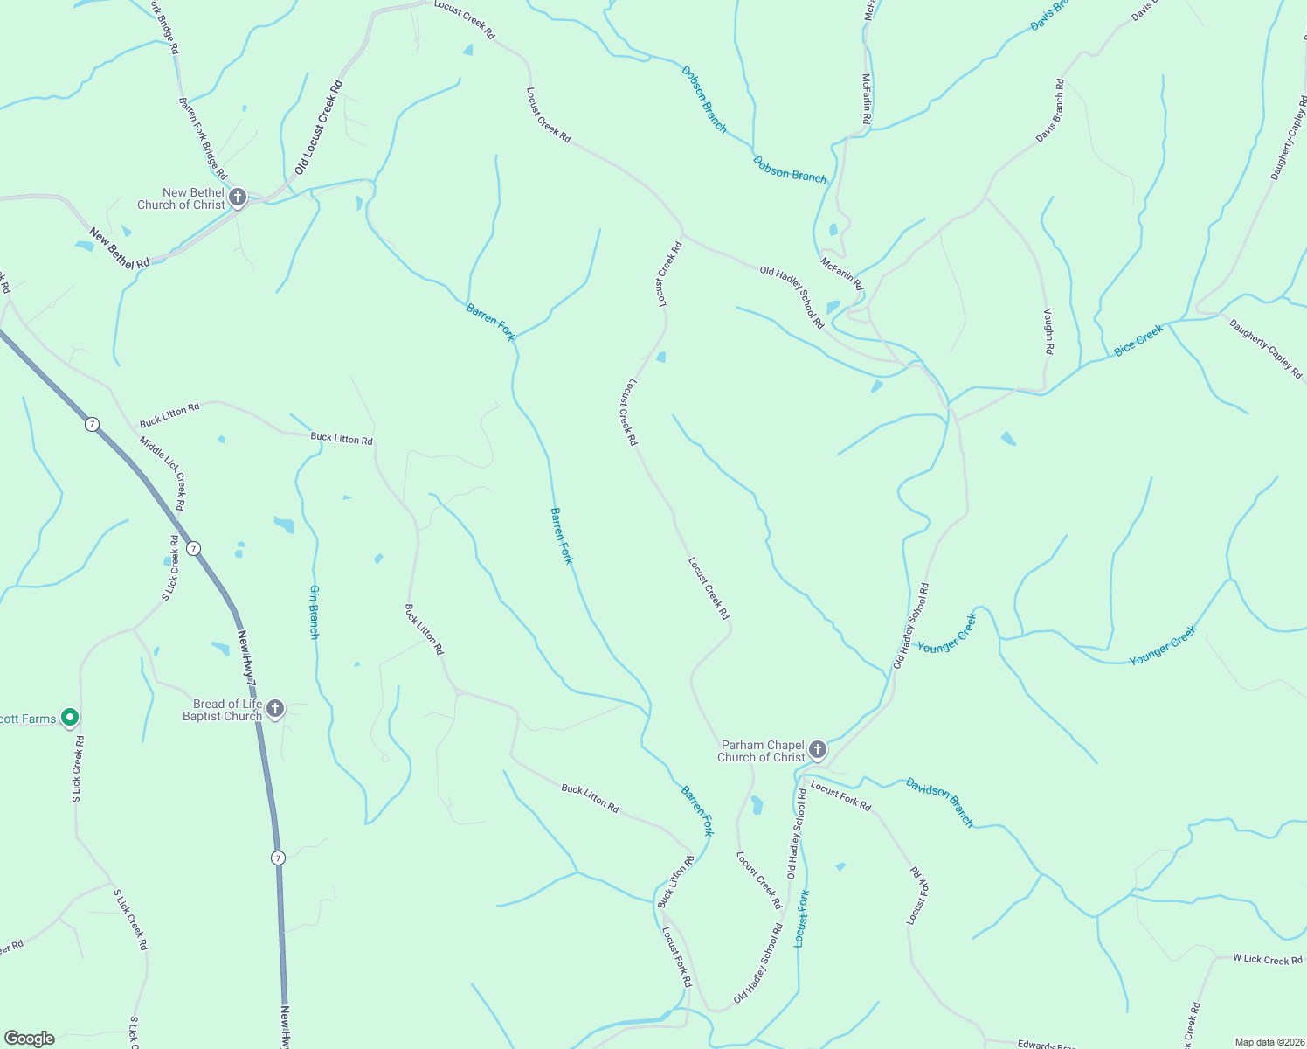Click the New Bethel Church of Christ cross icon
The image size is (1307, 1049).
click(238, 198)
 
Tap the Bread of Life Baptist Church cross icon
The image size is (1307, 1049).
click(275, 709)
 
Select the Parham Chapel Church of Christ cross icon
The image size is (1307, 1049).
click(818, 750)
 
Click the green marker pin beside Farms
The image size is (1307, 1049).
click(71, 718)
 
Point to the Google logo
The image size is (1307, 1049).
click(29, 1039)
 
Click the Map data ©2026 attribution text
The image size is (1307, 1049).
click(1269, 1042)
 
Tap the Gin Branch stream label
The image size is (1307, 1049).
click(314, 611)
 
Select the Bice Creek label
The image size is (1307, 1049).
click(1138, 340)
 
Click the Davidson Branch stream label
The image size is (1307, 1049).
click(939, 801)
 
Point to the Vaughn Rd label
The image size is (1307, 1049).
click(1048, 331)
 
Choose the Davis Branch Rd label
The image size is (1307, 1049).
click(1050, 111)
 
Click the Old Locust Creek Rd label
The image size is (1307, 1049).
click(319, 127)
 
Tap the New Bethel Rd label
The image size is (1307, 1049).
click(119, 247)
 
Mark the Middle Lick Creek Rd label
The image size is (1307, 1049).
click(163, 473)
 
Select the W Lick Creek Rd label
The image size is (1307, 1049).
click(1267, 959)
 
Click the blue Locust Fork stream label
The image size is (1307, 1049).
click(802, 918)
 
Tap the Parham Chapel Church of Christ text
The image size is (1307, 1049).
click(761, 751)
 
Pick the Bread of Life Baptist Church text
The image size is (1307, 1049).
click(222, 710)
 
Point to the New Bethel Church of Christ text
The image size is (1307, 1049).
click(182, 198)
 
